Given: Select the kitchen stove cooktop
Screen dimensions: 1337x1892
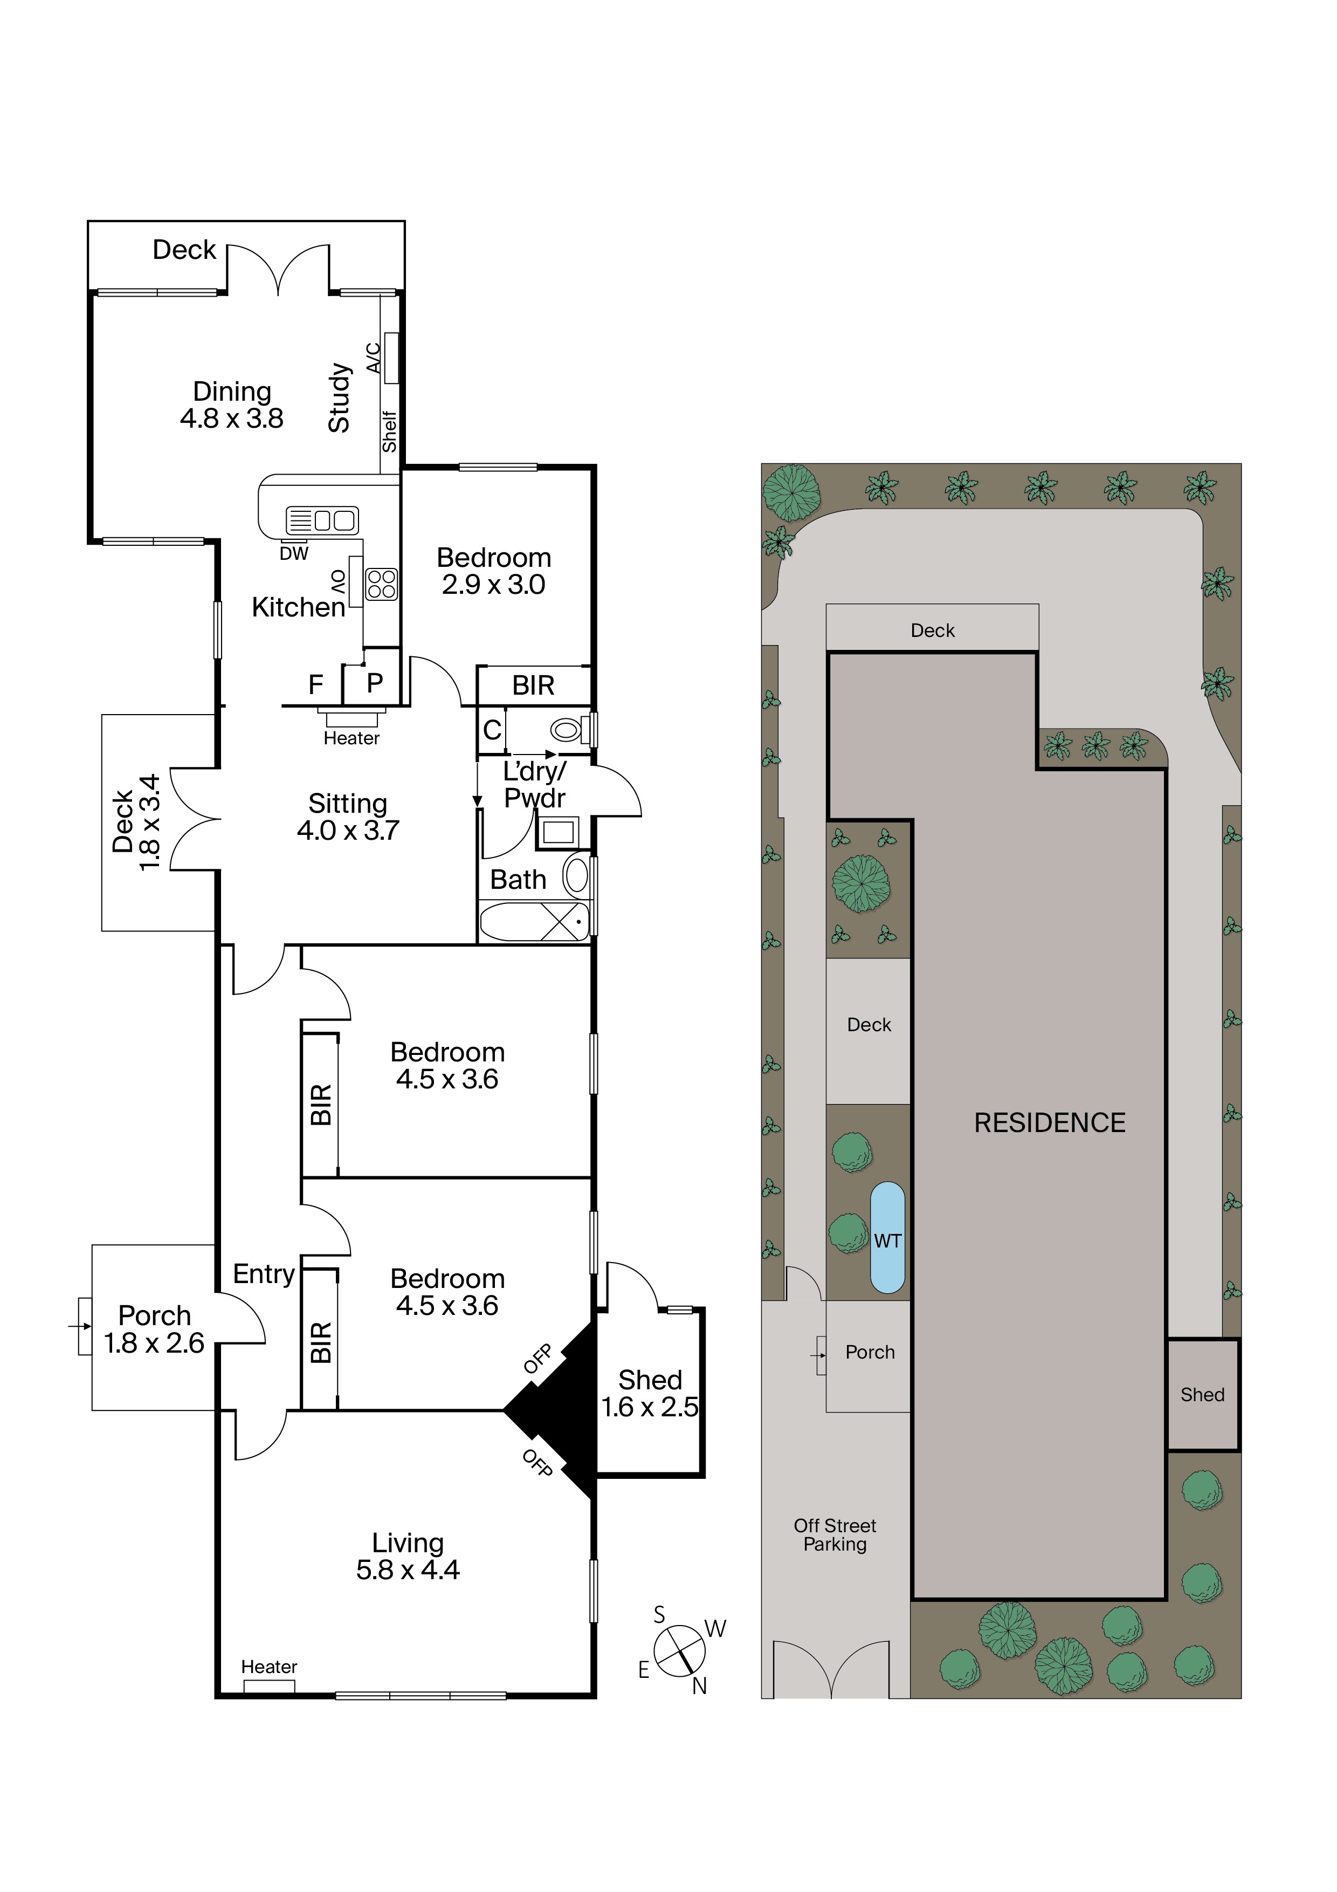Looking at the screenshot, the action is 381,584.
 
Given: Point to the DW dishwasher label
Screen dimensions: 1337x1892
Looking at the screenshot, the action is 294,554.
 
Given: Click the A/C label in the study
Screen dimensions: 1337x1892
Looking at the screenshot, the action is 373,359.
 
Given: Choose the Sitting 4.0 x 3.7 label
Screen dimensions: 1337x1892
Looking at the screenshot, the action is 348,817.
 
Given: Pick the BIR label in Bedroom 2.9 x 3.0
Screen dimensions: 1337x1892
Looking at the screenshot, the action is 533,685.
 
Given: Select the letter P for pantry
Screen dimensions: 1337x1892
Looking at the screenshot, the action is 375,682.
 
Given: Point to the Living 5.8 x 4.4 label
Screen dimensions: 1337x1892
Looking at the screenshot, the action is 408,1556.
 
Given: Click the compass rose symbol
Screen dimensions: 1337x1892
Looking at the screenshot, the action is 680,1650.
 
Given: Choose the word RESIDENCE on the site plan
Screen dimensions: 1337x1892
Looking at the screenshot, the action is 1050,1122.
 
